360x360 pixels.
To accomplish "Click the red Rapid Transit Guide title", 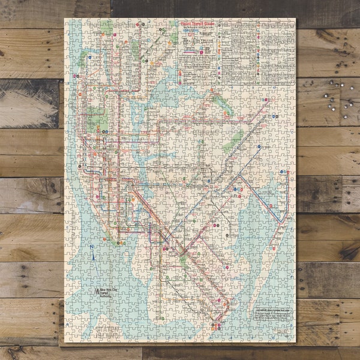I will pyautogui.click(x=197, y=23).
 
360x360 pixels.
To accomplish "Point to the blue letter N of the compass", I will pyautogui.click(x=90, y=247).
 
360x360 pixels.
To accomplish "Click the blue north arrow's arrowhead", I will pyautogui.click(x=95, y=251).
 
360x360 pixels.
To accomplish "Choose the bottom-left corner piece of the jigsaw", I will pyautogui.click(x=69, y=338).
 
